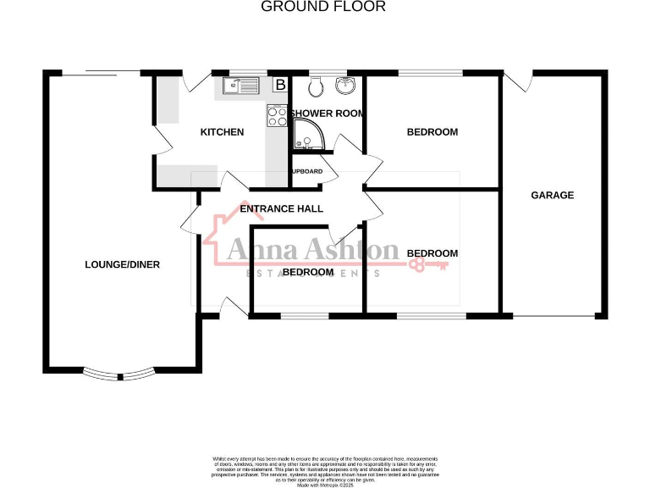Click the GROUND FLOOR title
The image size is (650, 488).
point(322,7)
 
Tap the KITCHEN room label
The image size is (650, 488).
point(222,132)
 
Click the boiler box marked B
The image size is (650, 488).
point(279,85)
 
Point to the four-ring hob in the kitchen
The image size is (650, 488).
point(277,116)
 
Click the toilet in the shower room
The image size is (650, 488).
point(316,86)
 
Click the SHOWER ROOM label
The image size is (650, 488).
point(327,114)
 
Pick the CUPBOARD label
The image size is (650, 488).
point(307,171)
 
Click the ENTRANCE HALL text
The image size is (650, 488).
point(281,209)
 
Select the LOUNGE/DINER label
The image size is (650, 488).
point(122,265)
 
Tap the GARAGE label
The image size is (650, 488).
point(552,196)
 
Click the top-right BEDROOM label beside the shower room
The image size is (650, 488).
point(432,132)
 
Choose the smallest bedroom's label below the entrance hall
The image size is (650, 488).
point(307,272)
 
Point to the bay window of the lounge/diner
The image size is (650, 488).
point(118,374)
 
